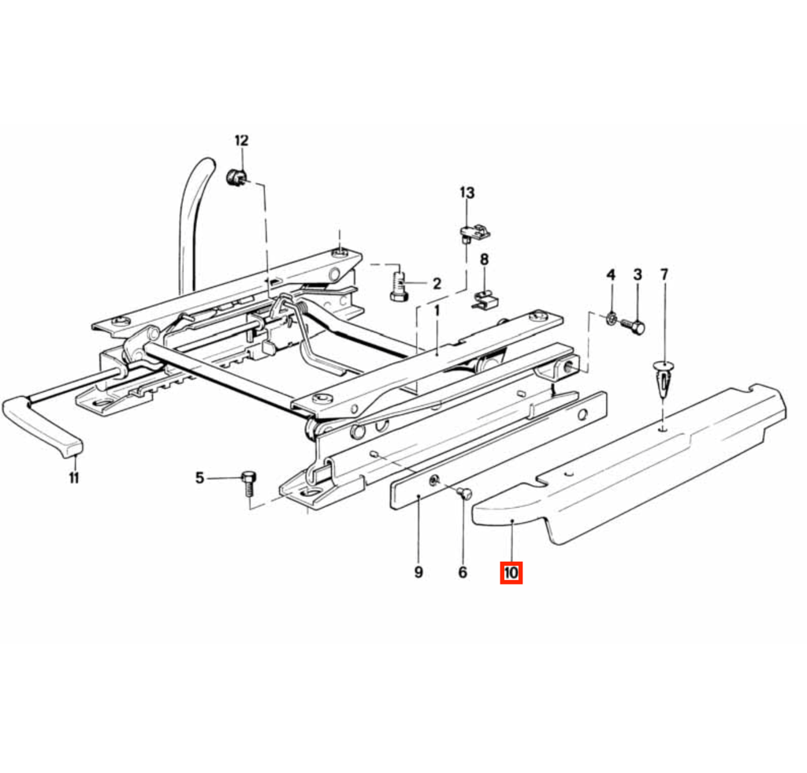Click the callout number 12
coord(241,140)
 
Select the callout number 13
coord(467,193)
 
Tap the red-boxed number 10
coord(511,573)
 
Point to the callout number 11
coord(74,478)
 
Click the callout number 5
coord(199,478)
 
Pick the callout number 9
coord(418,572)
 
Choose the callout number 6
coord(463,572)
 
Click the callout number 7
coord(664,274)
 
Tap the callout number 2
coord(437,283)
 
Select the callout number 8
coord(485,260)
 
